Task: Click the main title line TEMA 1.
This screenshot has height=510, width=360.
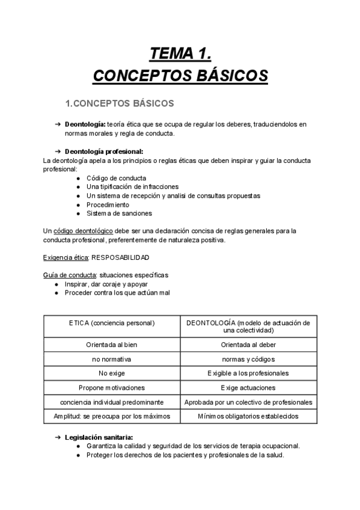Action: [x=180, y=55]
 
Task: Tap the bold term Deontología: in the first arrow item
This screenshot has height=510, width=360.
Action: [x=85, y=124]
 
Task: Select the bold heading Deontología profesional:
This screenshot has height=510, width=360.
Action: [x=103, y=152]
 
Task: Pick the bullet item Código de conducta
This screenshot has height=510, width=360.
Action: [x=116, y=178]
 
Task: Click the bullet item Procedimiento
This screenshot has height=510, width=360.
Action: [x=108, y=204]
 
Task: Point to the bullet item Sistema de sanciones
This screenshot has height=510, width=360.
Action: [x=119, y=213]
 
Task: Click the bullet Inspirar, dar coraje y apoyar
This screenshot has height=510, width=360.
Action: [x=106, y=284]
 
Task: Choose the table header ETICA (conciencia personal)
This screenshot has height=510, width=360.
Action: [x=112, y=323]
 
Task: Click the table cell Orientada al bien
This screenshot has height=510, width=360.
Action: [x=112, y=345]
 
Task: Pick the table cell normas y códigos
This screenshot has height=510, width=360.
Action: [x=248, y=359]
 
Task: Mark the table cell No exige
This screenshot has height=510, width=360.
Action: [x=112, y=373]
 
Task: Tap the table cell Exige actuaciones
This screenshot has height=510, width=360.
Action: [x=248, y=388]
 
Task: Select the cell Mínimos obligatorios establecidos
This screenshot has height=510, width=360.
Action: [x=248, y=416]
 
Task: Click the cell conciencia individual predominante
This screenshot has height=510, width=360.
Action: [x=112, y=402]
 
